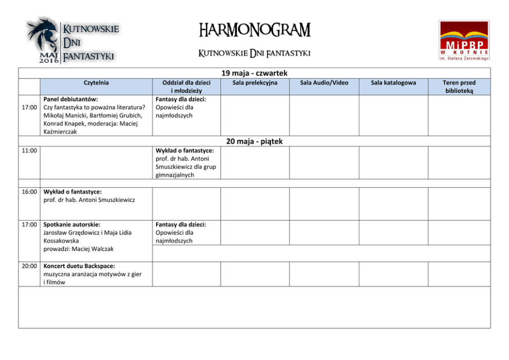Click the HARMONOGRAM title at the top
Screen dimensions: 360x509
click(254, 30)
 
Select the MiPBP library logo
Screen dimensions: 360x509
click(464, 41)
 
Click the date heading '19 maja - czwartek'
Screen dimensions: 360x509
click(254, 73)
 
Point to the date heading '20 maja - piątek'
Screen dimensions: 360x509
click(254, 141)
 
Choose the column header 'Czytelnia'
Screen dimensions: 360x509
click(96, 83)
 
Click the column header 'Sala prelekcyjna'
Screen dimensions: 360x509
click(255, 83)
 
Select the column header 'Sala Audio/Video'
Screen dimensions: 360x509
click(324, 83)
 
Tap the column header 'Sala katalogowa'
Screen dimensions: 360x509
click(393, 83)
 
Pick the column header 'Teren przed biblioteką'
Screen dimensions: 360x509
click(459, 87)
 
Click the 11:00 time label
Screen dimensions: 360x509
click(29, 151)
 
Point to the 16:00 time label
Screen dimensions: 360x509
click(29, 192)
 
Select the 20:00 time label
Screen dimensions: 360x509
click(29, 266)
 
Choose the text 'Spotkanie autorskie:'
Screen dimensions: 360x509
click(72, 225)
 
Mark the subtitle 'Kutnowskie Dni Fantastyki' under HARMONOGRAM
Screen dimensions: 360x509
click(254, 53)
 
